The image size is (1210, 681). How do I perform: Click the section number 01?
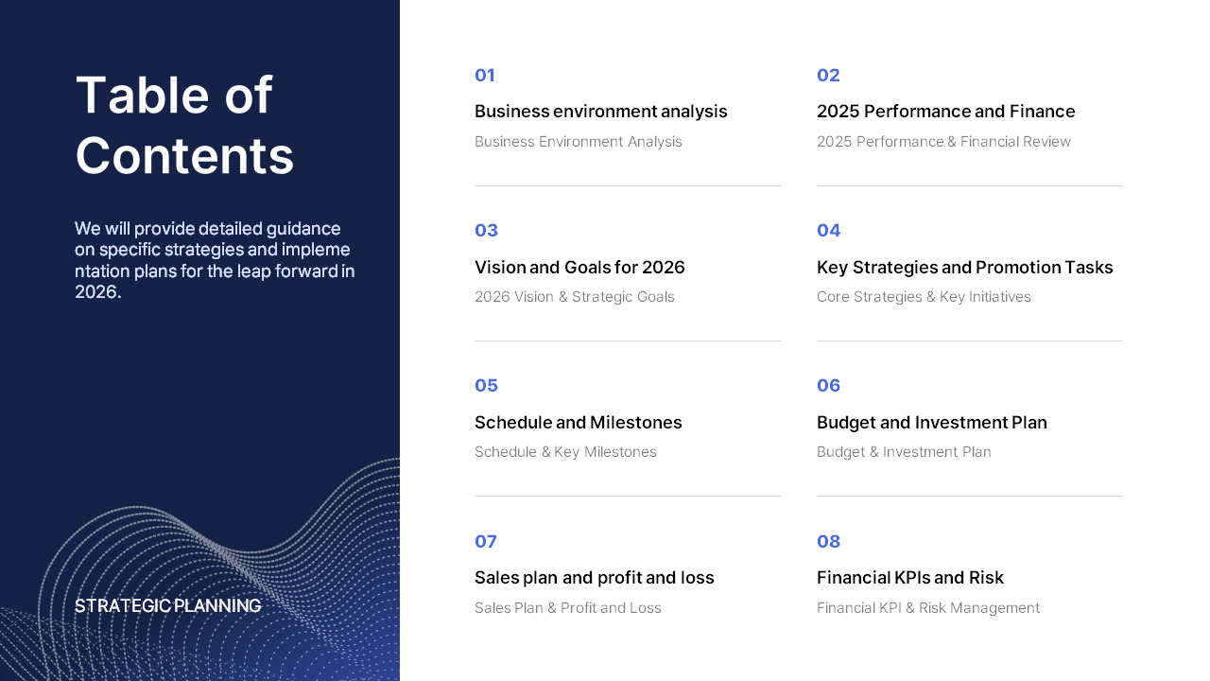tap(485, 76)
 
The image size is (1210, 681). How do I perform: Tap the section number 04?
tap(828, 231)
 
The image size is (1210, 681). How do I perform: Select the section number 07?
tap(485, 542)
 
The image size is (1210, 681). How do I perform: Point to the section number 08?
tap(828, 542)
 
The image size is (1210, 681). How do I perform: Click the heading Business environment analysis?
tap(600, 112)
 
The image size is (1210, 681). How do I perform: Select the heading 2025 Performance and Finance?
tap(945, 112)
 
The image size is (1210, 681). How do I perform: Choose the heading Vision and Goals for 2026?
tap(579, 268)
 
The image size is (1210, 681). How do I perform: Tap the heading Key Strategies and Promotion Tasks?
tap(964, 268)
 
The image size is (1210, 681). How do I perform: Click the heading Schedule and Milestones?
tap(578, 423)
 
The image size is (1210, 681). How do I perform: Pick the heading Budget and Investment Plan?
tap(931, 423)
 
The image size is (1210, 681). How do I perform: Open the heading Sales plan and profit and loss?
tap(594, 578)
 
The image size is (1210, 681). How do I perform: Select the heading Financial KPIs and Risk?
tap(909, 578)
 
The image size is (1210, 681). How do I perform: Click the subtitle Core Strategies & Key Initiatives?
tap(924, 297)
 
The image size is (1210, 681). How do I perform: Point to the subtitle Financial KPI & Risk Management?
tap(927, 608)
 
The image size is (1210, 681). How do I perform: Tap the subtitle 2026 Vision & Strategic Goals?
tap(574, 297)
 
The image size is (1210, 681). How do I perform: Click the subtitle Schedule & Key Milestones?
tap(565, 452)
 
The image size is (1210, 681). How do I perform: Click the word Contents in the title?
tap(184, 156)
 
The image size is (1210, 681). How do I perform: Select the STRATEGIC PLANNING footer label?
tap(167, 606)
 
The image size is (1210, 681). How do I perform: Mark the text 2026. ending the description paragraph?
tap(97, 292)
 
